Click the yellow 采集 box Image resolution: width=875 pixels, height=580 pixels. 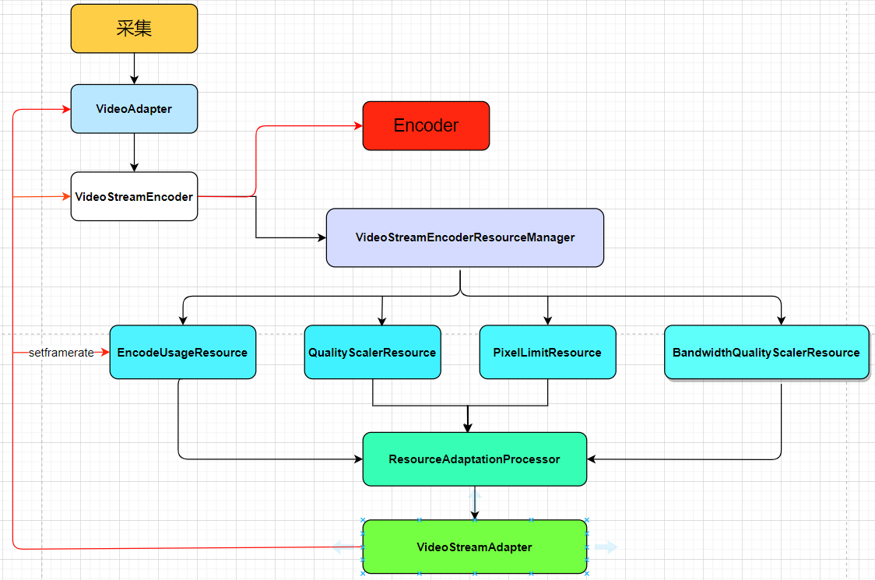click(134, 29)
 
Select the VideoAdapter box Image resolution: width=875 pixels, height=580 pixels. click(134, 109)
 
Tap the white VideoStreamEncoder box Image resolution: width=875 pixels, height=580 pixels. click(134, 196)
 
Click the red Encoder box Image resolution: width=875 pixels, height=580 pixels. click(426, 125)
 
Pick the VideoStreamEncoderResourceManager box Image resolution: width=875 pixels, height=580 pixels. click(465, 237)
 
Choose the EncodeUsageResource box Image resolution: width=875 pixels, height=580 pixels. click(182, 353)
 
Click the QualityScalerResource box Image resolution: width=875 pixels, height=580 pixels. click(372, 353)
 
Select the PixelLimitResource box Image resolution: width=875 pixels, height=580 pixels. click(547, 353)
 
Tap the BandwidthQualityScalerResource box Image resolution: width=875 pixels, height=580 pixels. click(766, 353)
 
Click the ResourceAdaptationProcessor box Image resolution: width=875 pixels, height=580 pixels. click(474, 459)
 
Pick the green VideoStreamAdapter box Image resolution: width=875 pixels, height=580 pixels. click(474, 547)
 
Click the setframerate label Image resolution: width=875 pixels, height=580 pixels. click(61, 353)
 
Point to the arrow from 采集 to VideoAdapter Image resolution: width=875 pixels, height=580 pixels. click(134, 69)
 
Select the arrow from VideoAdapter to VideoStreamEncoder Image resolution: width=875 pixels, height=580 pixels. click(134, 153)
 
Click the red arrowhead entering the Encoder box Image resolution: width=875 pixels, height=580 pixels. click(357, 125)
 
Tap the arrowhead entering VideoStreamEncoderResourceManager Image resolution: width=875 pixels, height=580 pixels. click(321, 237)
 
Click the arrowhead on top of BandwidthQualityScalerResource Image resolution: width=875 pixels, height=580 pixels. click(781, 320)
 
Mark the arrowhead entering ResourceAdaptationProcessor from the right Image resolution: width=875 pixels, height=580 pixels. click(592, 459)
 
